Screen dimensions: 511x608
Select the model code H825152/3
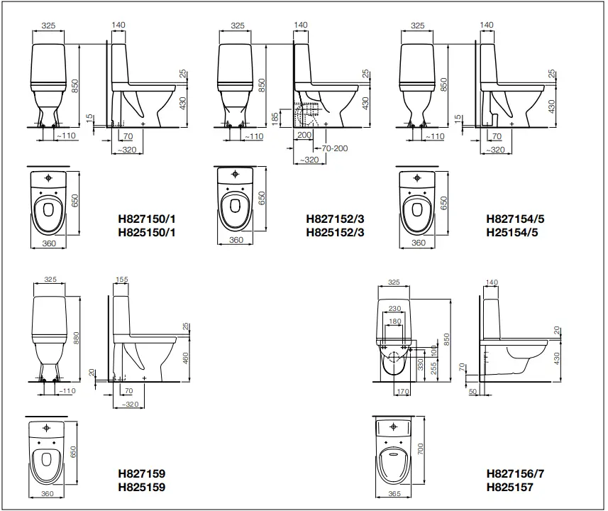335,231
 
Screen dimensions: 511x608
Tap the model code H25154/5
512,231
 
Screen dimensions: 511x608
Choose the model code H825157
509,487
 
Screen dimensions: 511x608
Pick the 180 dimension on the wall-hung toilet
394,322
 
